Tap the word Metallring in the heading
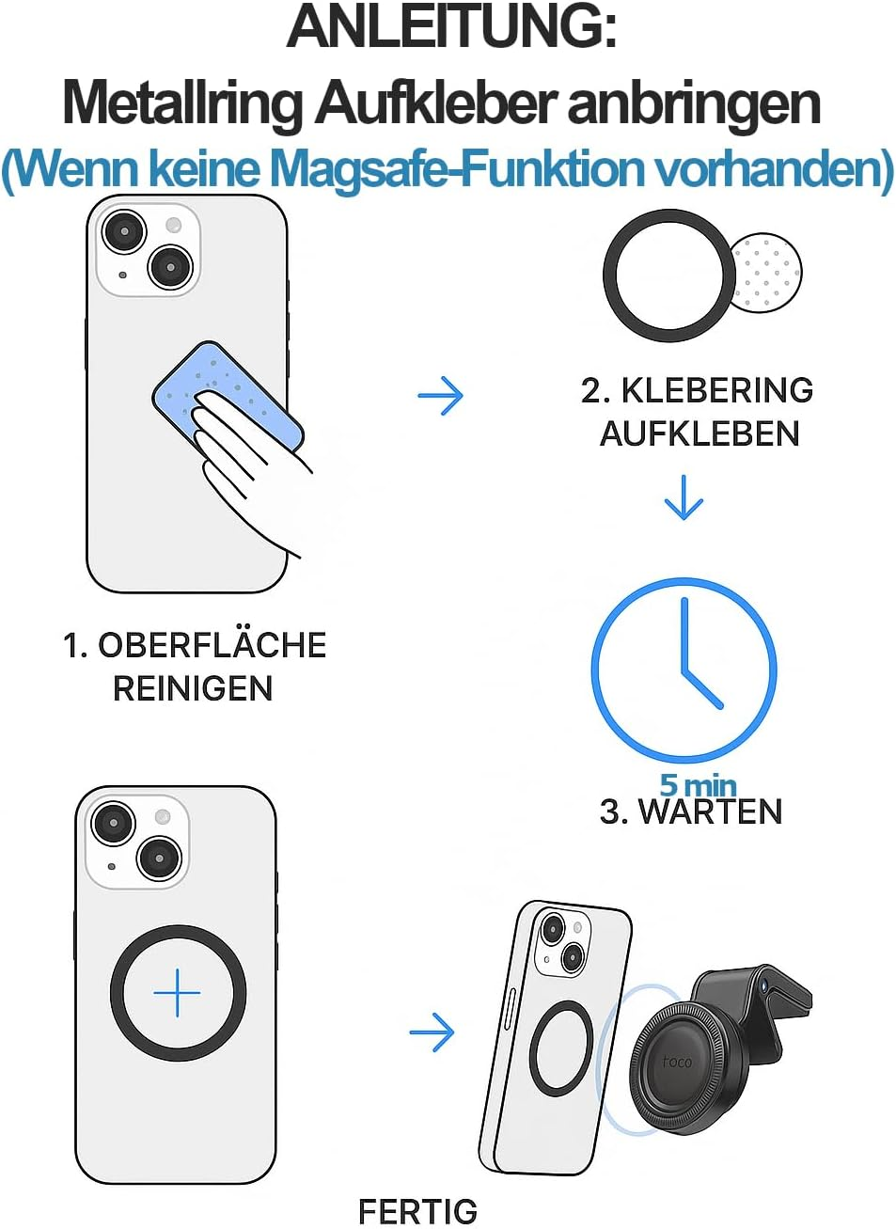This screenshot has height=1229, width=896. coord(182,103)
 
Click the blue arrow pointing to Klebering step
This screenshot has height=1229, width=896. coord(440,395)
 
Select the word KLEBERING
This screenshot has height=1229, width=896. coord(716,390)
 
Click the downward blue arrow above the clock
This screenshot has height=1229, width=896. coord(684,497)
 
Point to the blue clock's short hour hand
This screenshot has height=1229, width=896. coord(703,689)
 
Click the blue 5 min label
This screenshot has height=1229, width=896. coord(698,785)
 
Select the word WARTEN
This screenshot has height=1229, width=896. coord(711,811)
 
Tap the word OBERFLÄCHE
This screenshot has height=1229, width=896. coord(212,645)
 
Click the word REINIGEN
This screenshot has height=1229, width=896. coord(193,688)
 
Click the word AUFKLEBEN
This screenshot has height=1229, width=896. coord(700,434)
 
